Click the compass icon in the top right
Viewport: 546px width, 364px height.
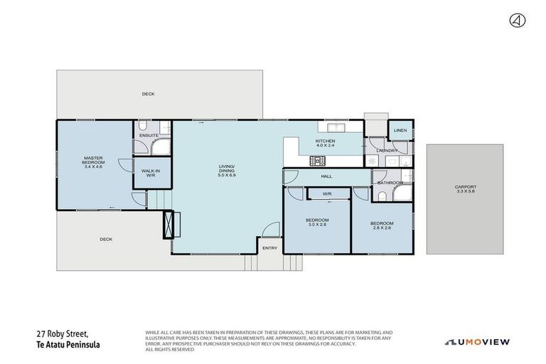[x=518, y=21]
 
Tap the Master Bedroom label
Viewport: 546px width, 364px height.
[x=94, y=162]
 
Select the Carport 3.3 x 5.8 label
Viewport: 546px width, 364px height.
[x=465, y=190]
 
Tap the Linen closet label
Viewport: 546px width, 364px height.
[x=400, y=131]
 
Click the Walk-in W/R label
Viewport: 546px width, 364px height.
[x=149, y=173]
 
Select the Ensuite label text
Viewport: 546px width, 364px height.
[x=149, y=135]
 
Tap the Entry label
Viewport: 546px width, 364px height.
[x=270, y=248]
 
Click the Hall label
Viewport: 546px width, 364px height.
[x=326, y=176]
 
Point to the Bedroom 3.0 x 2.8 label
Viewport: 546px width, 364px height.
[x=317, y=223]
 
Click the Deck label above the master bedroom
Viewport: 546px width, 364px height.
[x=148, y=94]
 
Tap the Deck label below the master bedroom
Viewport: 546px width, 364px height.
[x=106, y=240]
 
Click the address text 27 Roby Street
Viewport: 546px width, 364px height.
[x=68, y=332]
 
